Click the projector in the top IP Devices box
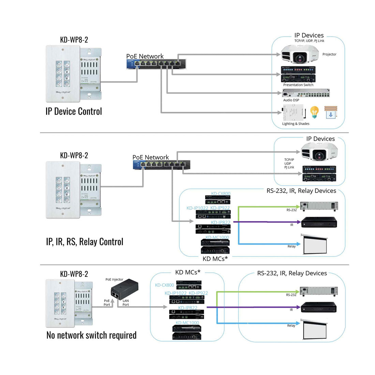pyautogui.click(x=299, y=55)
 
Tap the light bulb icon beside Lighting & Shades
pyautogui.click(x=314, y=112)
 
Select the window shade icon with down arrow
pyautogui.click(x=330, y=112)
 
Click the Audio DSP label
pyautogui.click(x=291, y=100)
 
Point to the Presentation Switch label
pyautogui.click(x=298, y=85)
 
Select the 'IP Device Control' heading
pyautogui.click(x=74, y=111)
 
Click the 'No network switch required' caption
pyautogui.click(x=91, y=335)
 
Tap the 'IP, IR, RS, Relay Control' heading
pyautogui.click(x=85, y=242)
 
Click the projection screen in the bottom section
pyautogui.click(x=315, y=329)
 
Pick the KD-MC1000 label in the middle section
pyautogui.click(x=217, y=238)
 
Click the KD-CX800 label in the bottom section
pyautogui.click(x=164, y=285)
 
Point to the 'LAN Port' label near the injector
pyautogui.click(x=125, y=303)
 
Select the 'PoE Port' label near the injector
pyautogui.click(x=107, y=303)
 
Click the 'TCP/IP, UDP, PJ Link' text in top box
pyautogui.click(x=309, y=41)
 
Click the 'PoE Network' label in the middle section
pyautogui.click(x=150, y=157)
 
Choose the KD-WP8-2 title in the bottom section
pyautogui.click(x=74, y=274)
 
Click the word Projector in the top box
pyautogui.click(x=329, y=54)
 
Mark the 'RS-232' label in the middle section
pyautogui.click(x=291, y=210)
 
